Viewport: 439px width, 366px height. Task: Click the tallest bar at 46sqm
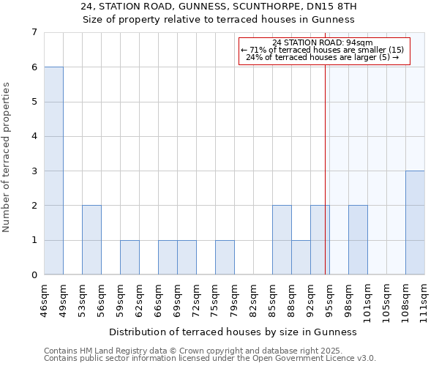click(x=53, y=171)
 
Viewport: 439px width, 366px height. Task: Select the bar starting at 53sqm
click(x=91, y=240)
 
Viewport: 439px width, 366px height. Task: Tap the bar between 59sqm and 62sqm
click(x=130, y=258)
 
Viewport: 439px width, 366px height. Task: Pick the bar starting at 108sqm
click(x=415, y=223)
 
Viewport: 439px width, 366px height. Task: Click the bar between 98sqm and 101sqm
click(x=358, y=240)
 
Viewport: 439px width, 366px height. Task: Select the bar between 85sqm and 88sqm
click(x=282, y=240)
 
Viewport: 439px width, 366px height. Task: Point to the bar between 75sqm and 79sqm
click(x=225, y=258)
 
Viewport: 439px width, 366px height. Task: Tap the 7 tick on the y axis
click(x=34, y=32)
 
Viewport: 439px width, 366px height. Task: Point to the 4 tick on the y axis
click(x=34, y=136)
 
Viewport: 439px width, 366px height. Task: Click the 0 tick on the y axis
click(x=34, y=275)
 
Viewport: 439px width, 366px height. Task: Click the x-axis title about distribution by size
click(x=237, y=332)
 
